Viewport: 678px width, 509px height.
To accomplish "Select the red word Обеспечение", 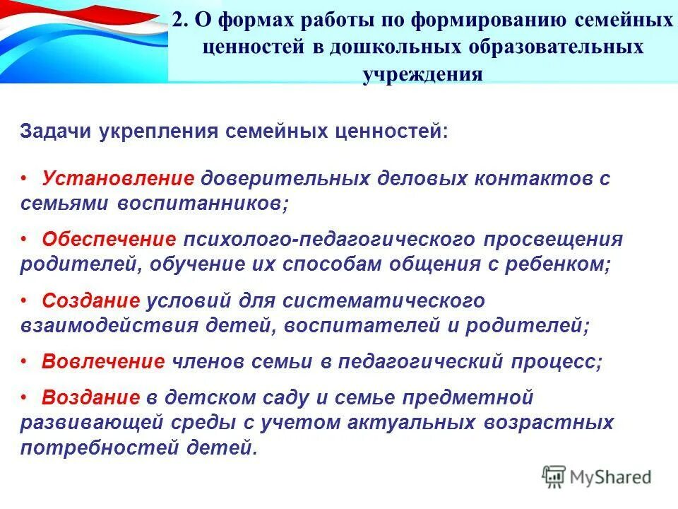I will (109, 240).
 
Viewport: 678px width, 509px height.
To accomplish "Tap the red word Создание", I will (91, 300).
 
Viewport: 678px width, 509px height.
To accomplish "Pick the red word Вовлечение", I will (103, 361).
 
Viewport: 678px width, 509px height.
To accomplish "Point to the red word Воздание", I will (91, 398).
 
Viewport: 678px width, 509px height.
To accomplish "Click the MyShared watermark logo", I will (597, 476).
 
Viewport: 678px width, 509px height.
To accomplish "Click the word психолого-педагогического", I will (330, 240).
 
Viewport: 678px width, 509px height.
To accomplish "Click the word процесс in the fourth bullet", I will (561, 361).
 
